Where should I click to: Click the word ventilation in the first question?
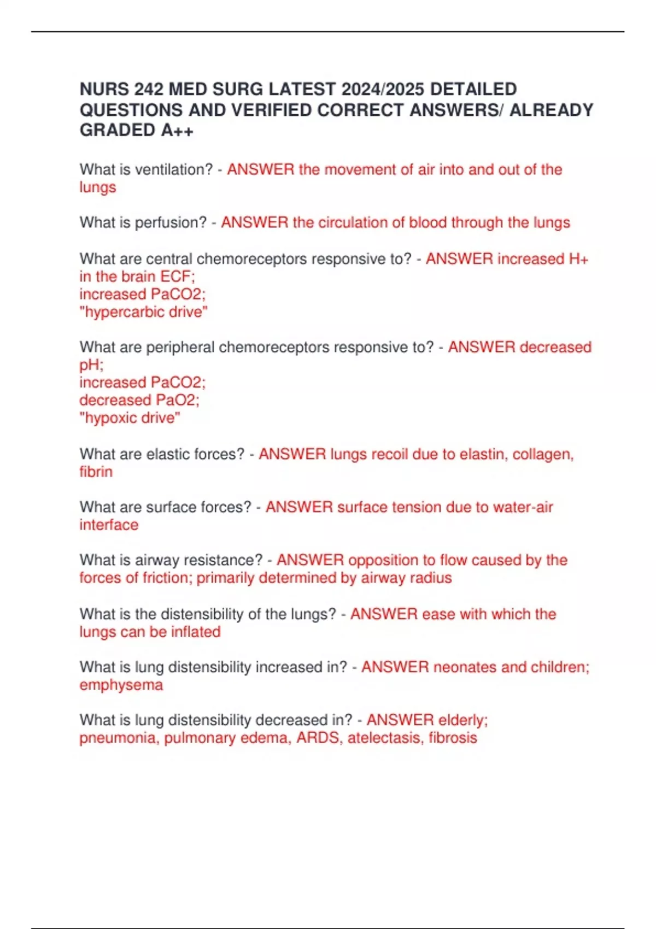click(x=173, y=170)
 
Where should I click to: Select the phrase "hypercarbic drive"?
click(x=143, y=312)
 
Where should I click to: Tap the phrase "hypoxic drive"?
click(x=130, y=418)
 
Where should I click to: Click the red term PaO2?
click(x=178, y=401)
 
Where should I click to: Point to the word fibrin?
click(x=96, y=472)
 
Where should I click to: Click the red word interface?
click(x=109, y=525)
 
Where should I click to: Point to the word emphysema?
click(x=121, y=685)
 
